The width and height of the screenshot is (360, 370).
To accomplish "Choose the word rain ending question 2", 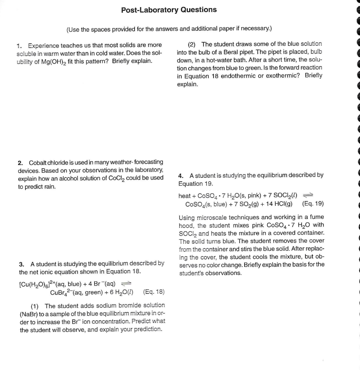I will pyautogui.click(x=47, y=186).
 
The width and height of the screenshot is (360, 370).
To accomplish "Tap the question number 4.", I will pyautogui.click(x=181, y=175).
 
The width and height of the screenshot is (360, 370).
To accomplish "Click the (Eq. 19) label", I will pyautogui.click(x=313, y=204).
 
